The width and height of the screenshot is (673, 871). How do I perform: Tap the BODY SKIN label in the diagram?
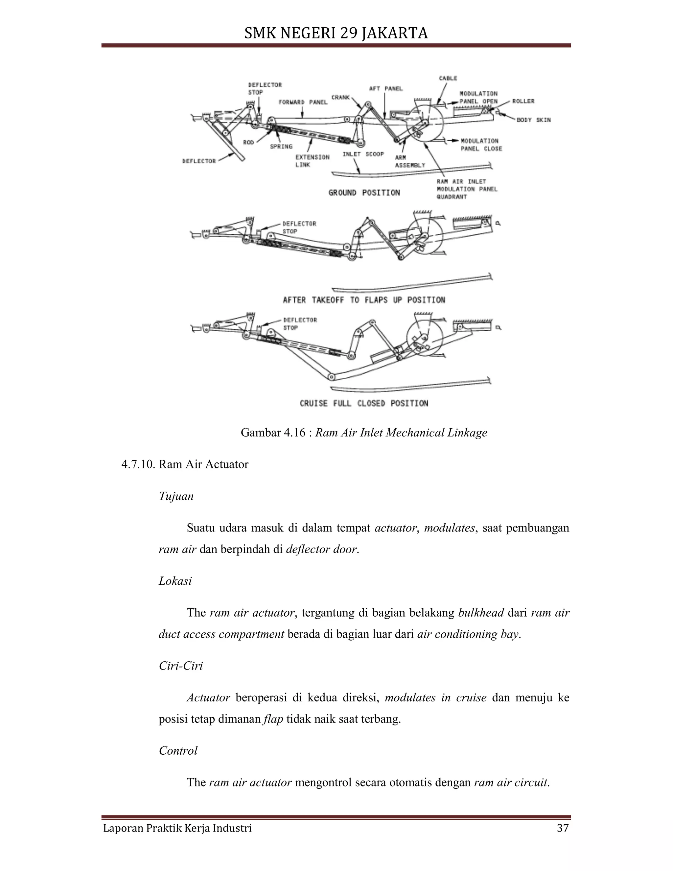tap(533, 120)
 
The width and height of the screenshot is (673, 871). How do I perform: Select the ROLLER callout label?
tap(523, 101)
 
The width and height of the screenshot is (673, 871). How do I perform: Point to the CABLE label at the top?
tap(448, 78)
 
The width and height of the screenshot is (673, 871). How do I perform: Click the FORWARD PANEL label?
tap(303, 103)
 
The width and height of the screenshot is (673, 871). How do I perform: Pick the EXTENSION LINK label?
tap(312, 161)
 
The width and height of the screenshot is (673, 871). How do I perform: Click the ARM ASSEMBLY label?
tap(410, 161)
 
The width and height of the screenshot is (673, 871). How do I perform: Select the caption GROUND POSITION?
tap(364, 193)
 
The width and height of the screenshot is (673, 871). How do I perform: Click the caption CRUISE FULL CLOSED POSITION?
tap(364, 403)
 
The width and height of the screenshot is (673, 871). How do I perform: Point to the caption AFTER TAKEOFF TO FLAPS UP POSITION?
tap(364, 300)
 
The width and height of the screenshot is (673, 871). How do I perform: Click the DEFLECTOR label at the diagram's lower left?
tap(199, 161)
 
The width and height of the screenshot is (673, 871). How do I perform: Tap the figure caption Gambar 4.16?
tap(364, 433)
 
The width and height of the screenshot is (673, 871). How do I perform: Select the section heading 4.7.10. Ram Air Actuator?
tap(185, 464)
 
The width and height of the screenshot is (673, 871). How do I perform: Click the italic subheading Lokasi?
tap(175, 581)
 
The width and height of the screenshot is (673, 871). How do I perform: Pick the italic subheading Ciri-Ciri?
tap(181, 666)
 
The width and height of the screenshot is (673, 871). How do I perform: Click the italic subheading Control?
tap(178, 751)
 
